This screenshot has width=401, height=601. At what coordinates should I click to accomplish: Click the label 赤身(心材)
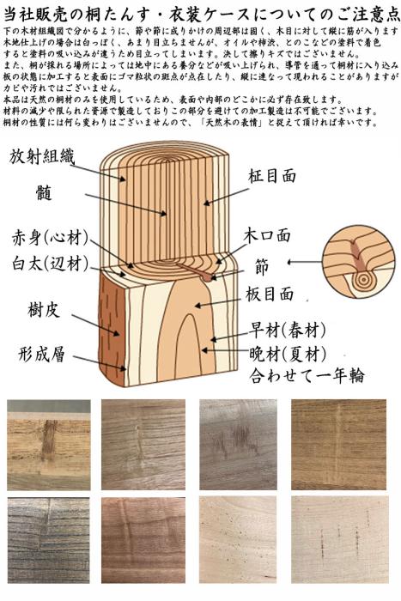tap(49, 238)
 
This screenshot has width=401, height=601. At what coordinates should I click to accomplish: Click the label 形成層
tap(43, 354)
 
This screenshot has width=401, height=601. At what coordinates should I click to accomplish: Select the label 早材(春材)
tap(288, 330)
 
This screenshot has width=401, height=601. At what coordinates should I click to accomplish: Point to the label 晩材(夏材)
tap(288, 353)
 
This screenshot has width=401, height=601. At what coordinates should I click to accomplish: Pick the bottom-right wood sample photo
tap(338, 538)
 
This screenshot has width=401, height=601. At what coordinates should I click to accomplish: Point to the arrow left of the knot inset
tap(301, 261)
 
